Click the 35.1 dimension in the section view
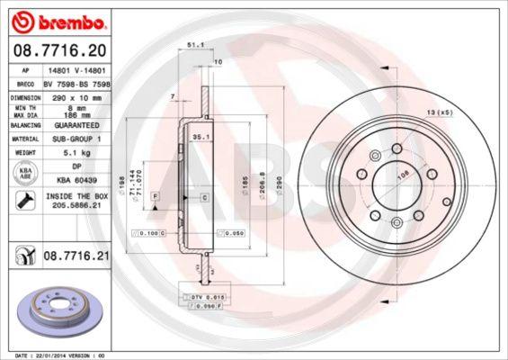point(201,137)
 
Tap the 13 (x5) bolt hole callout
point(440,112)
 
